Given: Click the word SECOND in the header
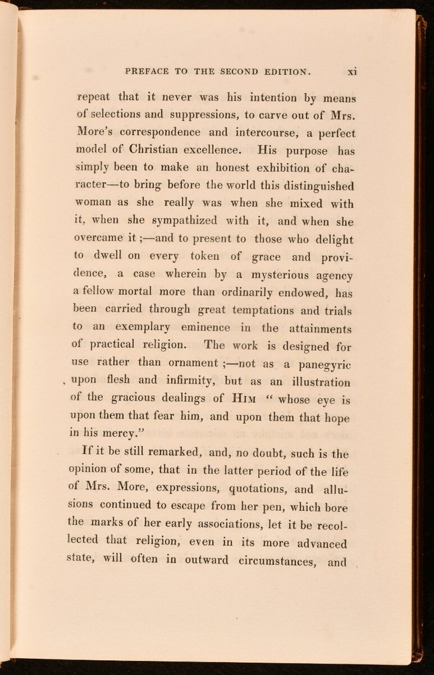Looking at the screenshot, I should (x=236, y=70).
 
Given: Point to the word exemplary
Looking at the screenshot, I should (x=154, y=327).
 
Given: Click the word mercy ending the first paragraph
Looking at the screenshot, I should (x=132, y=434).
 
